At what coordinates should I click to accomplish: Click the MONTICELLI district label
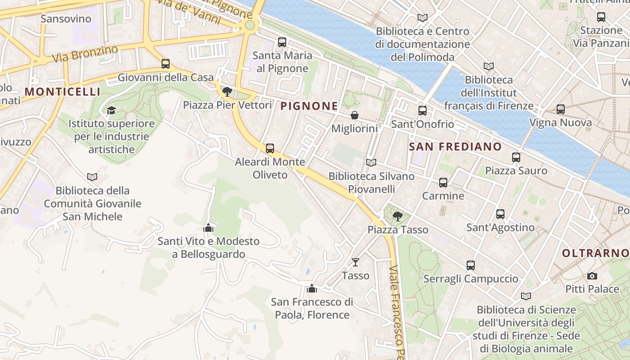coord(63,92)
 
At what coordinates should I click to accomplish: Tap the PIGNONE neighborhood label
coord(309,106)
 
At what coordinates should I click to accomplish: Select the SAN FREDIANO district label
coord(455,147)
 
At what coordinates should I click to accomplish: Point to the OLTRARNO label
coord(595,253)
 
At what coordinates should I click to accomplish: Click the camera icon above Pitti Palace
coord(592,276)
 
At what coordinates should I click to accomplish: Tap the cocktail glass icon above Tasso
coord(355,262)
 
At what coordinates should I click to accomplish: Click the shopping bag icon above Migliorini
coord(355,115)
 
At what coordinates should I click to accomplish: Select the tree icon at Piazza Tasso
coord(397,216)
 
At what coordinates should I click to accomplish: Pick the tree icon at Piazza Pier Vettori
coord(227,92)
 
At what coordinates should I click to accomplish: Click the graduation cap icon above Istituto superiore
coord(111,110)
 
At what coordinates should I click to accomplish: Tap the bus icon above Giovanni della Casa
coord(166,64)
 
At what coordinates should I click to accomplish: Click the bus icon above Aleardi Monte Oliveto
coord(270,148)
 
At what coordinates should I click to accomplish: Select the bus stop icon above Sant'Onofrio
coord(422,111)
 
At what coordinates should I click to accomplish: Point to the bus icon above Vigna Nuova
coord(561,109)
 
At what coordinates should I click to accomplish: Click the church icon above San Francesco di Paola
coord(312,288)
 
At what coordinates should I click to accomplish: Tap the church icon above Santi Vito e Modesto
coord(208,228)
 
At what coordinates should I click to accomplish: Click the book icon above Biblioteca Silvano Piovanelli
coord(371,163)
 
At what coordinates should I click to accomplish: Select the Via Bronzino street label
coord(85,54)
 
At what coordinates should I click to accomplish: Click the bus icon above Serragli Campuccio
coord(471,265)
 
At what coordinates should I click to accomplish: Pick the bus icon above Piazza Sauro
coord(516,157)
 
